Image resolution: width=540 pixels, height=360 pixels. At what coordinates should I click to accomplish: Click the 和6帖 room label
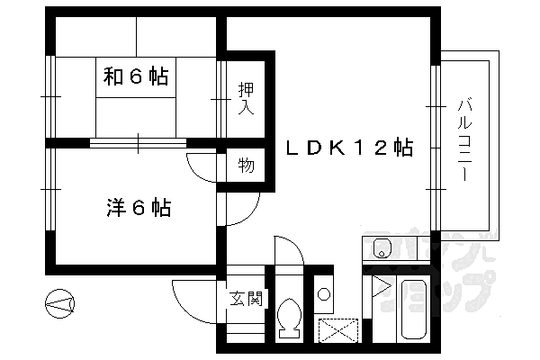tap(135, 76)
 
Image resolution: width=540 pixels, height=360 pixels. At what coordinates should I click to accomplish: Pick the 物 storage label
tap(245, 166)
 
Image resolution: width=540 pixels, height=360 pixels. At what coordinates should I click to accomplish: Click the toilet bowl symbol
tap(290, 318)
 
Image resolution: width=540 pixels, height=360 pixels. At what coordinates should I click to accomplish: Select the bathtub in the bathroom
tap(415, 311)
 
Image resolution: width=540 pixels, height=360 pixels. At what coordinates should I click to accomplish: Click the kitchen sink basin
tap(379, 247)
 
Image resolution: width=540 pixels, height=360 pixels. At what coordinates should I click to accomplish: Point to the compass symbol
tap(60, 304)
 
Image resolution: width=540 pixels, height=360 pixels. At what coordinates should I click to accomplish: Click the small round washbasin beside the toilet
tap(324, 293)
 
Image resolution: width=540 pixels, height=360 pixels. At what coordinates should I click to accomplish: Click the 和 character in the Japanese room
tap(112, 76)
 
